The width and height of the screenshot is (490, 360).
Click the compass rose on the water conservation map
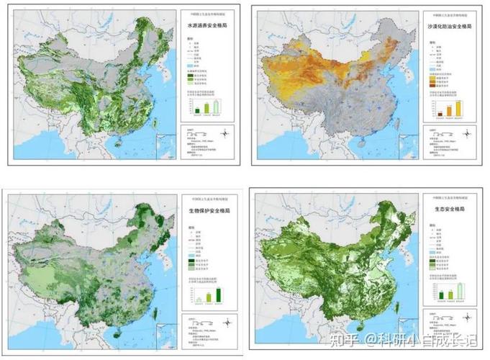226,132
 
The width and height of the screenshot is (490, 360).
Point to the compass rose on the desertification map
468,132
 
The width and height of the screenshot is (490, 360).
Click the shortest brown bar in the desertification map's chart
439,113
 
